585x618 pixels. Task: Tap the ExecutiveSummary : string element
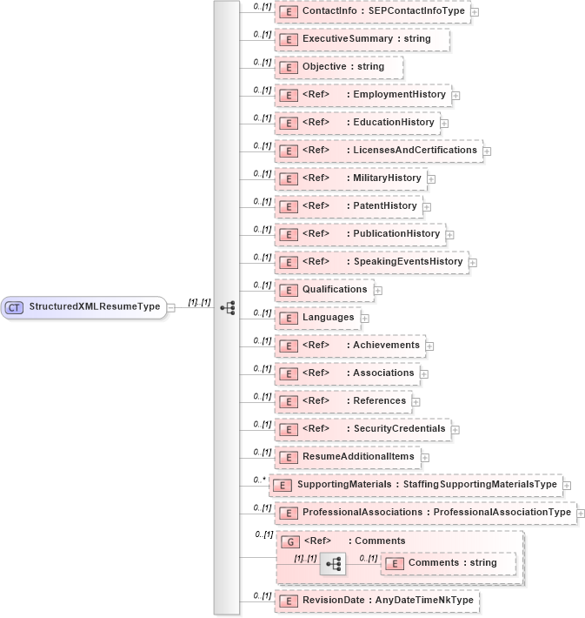tap(362, 39)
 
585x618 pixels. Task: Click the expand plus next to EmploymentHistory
tap(455, 95)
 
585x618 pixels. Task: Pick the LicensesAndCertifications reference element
tap(378, 150)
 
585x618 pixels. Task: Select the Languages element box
tap(317, 318)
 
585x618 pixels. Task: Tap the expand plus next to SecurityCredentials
tap(455, 429)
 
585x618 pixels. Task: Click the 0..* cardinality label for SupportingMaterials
tap(258, 480)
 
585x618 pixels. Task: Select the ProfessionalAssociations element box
tap(425, 513)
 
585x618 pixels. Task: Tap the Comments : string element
tap(448, 563)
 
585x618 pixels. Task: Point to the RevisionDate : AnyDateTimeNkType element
tap(376, 600)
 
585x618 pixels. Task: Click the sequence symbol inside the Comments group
tap(331, 564)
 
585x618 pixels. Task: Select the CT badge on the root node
tap(15, 307)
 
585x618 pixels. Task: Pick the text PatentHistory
tap(384, 205)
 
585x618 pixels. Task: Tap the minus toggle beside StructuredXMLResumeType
tap(171, 307)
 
